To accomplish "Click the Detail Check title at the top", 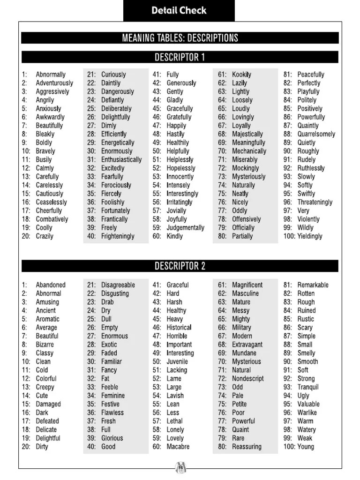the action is (x=179, y=10).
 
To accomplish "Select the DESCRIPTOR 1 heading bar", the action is (x=180, y=58).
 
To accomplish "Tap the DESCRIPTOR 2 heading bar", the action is (x=180, y=266).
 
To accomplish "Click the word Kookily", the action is (x=242, y=75).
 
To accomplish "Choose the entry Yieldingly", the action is (x=310, y=236).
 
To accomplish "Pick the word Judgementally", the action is (x=186, y=228).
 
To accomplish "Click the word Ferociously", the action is (x=116, y=185).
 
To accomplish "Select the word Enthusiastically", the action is (x=121, y=160).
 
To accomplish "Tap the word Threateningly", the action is (x=315, y=202).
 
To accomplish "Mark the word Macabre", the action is (x=178, y=447).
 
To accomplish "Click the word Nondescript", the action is (x=248, y=379).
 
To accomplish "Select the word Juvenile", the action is (x=177, y=362).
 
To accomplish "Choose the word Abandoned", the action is (x=51, y=285).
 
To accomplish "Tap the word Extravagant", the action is (x=247, y=345).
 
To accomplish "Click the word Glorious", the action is (x=112, y=438).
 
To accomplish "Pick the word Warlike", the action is (x=307, y=413).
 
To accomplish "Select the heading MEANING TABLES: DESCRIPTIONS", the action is (x=180, y=38).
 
